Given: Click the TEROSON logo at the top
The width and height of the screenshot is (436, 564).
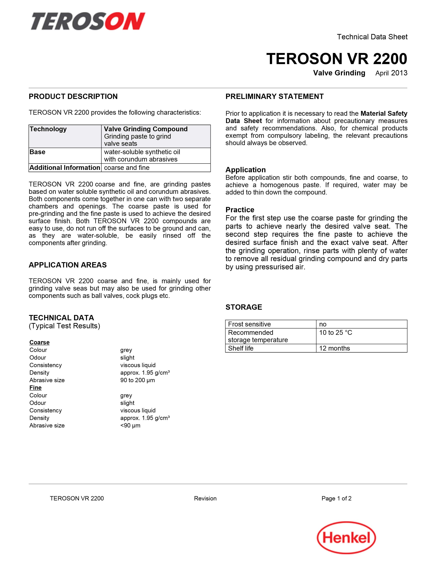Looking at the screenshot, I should (88, 21).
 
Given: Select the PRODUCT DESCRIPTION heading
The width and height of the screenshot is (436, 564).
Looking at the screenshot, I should (73, 97).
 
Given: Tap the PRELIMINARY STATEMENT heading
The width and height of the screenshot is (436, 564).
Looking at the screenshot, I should (274, 97).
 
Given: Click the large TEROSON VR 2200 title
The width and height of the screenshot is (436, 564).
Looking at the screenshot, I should (336, 59).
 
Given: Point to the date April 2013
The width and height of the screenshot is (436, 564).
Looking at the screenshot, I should (391, 73).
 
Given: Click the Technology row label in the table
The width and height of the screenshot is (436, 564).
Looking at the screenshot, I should (48, 129).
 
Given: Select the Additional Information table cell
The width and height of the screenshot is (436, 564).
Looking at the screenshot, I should (65, 168).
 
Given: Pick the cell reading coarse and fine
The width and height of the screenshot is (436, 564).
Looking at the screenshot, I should (127, 168).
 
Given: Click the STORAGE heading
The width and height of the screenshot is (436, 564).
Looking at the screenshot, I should (244, 307).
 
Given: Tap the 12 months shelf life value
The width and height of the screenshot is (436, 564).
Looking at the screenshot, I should (334, 348).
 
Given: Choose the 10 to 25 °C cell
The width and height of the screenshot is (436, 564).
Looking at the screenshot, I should (335, 333).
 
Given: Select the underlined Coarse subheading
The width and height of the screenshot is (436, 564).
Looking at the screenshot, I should (39, 343).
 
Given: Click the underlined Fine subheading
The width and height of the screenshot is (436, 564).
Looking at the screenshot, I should (35, 388).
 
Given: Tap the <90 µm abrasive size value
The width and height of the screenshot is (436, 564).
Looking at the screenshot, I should (130, 426).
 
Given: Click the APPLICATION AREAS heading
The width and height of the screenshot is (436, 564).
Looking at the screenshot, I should (68, 265).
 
